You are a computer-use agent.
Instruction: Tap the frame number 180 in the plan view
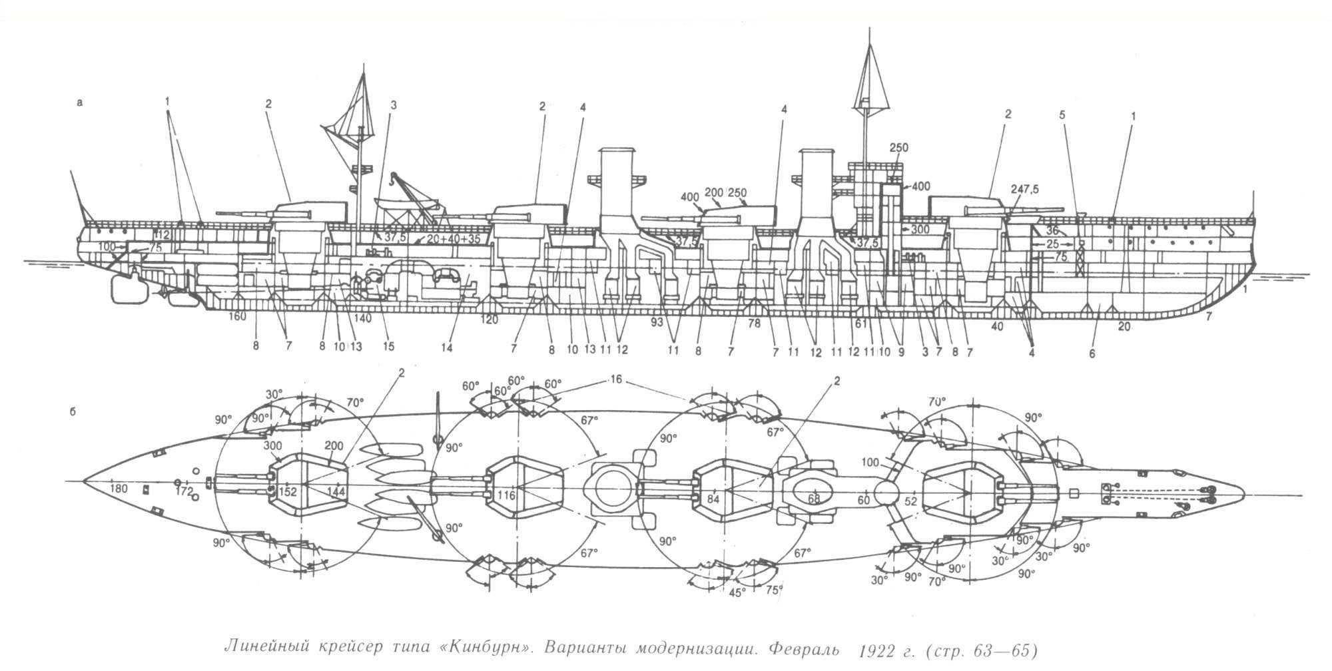(119, 490)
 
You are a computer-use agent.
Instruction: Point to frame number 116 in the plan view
(506, 496)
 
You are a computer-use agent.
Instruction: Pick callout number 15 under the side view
(388, 346)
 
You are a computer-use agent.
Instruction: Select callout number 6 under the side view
(1093, 354)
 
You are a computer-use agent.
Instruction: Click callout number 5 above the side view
(1062, 115)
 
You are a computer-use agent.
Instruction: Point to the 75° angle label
(775, 589)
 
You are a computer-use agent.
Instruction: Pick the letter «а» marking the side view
(80, 103)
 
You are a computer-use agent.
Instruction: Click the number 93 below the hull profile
(658, 322)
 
